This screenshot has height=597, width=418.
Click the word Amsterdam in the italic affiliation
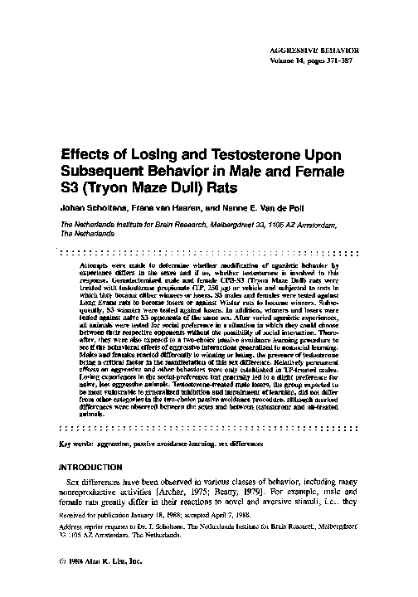pos(328,225)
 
